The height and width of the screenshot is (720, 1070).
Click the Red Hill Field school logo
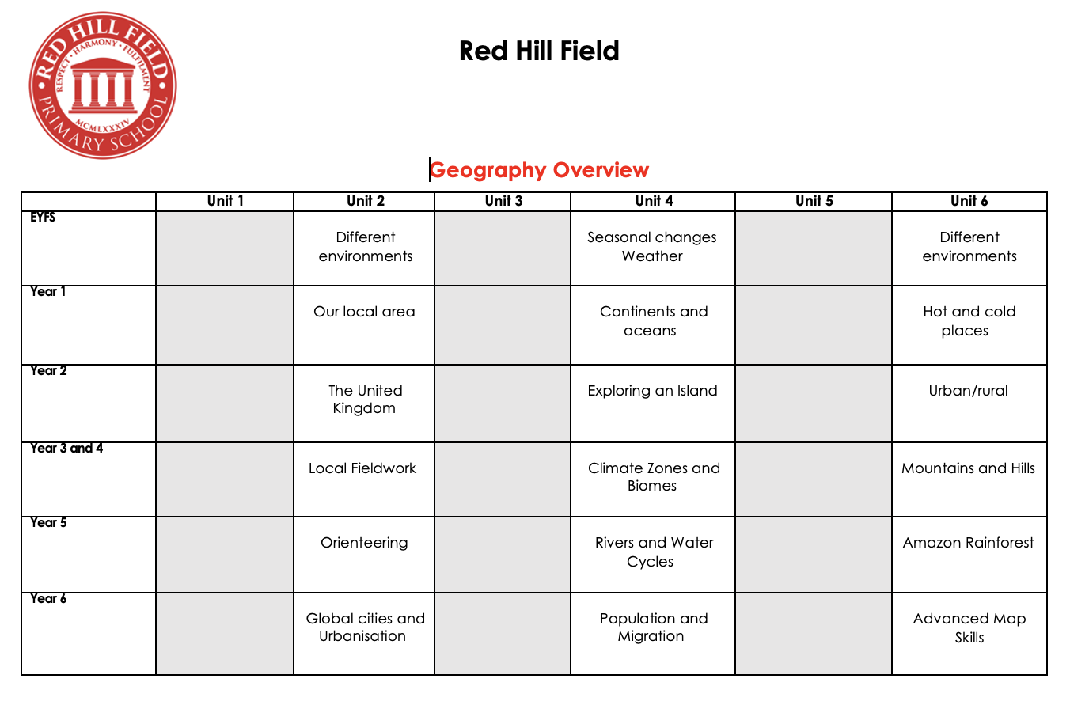pyautogui.click(x=102, y=85)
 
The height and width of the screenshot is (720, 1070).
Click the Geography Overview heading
pyautogui.click(x=539, y=170)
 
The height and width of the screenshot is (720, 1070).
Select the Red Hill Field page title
pyautogui.click(x=539, y=51)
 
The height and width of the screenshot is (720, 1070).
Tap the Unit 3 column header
pyautogui.click(x=503, y=201)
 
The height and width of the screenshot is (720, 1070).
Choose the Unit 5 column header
pyautogui.click(x=814, y=201)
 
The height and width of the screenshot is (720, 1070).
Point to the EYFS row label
pyautogui.click(x=43, y=218)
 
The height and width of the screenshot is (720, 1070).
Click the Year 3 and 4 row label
pyautogui.click(x=66, y=449)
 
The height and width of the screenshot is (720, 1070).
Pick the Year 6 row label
pyautogui.click(x=48, y=599)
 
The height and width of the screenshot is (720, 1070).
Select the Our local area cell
pyautogui.click(x=364, y=312)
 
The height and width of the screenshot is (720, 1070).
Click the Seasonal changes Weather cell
pyautogui.click(x=652, y=247)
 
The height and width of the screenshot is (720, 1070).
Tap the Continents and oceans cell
pyautogui.click(x=653, y=321)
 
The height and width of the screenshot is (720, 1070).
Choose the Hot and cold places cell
pyautogui.click(x=969, y=321)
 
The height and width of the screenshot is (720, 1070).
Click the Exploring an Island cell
pyautogui.click(x=652, y=391)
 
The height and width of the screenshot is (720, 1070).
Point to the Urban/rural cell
pyautogui.click(x=968, y=391)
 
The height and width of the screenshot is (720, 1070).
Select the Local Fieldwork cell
pyautogui.click(x=362, y=468)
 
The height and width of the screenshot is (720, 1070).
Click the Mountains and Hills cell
pyautogui.click(x=968, y=468)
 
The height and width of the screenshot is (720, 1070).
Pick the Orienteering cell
pyautogui.click(x=364, y=543)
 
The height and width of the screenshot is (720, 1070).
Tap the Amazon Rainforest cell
pyautogui.click(x=968, y=543)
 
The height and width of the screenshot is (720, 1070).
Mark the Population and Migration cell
pyautogui.click(x=653, y=627)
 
